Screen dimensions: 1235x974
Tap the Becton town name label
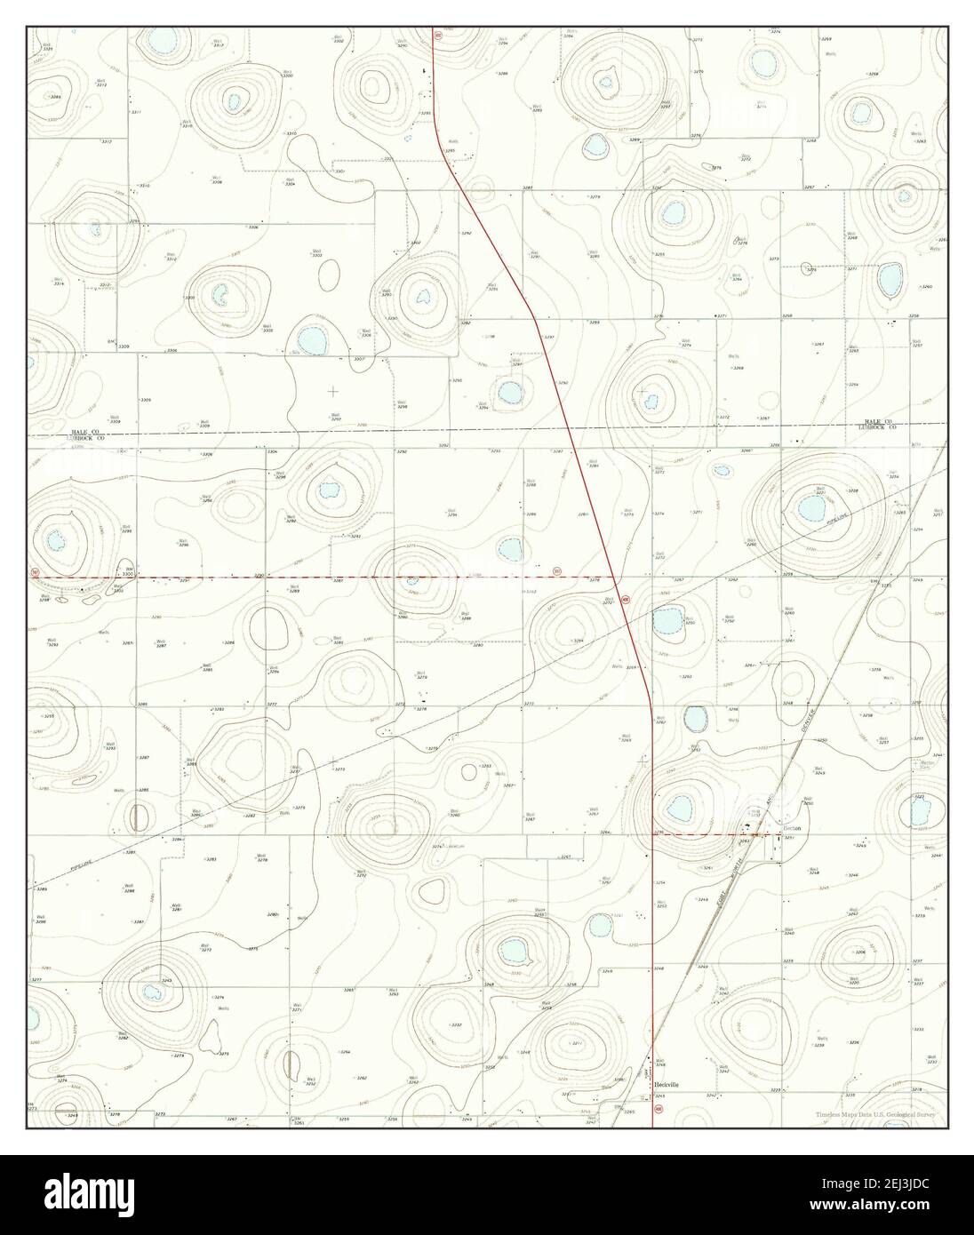(x=791, y=828)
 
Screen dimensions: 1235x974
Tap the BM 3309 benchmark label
(x=113, y=343)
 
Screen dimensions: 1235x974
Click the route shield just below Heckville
(x=659, y=1110)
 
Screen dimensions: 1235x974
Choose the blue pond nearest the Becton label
(x=680, y=808)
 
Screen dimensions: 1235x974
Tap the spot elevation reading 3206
(x=859, y=952)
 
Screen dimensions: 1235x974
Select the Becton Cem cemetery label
(x=927, y=764)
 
